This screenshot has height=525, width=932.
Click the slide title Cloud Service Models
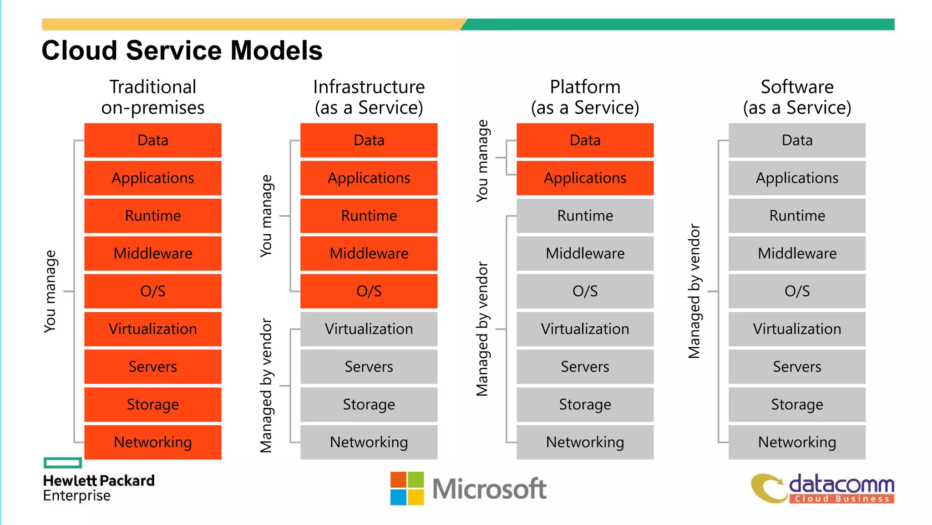pos(182,50)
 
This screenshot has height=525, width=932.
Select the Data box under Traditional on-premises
pos(153,140)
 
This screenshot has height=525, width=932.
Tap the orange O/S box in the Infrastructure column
pos(369,291)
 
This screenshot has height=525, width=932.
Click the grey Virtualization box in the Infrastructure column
pos(369,329)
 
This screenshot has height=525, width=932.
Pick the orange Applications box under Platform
pos(585,178)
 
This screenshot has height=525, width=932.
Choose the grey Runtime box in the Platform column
pos(585,216)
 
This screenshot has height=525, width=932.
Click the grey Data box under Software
pos(797,140)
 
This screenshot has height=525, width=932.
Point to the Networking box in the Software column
pos(797,442)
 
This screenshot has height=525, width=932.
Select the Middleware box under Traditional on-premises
pos(153,253)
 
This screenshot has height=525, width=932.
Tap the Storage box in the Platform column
pos(585,404)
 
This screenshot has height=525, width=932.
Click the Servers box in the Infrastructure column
pos(369,367)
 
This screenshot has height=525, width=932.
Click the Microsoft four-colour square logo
pos(407,489)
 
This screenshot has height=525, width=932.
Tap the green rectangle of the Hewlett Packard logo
pos(63,463)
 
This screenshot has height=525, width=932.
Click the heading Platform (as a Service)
pos(585,97)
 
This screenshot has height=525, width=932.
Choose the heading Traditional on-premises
pos(153,97)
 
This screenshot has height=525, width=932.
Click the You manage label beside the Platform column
pos(482,161)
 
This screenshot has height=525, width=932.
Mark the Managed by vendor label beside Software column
pos(694,291)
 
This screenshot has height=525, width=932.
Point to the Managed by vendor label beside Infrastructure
pos(266,386)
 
